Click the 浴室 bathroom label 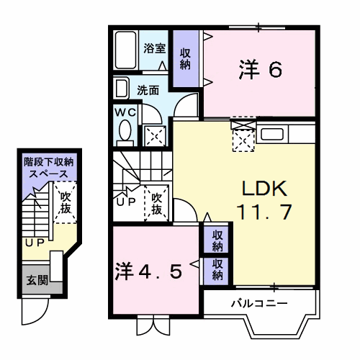click(154, 49)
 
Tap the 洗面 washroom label click(148, 91)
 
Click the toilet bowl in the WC click(125, 132)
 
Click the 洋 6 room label click(259, 70)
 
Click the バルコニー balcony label click(258, 303)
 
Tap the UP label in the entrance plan click(33, 243)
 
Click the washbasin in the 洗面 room click(122, 89)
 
